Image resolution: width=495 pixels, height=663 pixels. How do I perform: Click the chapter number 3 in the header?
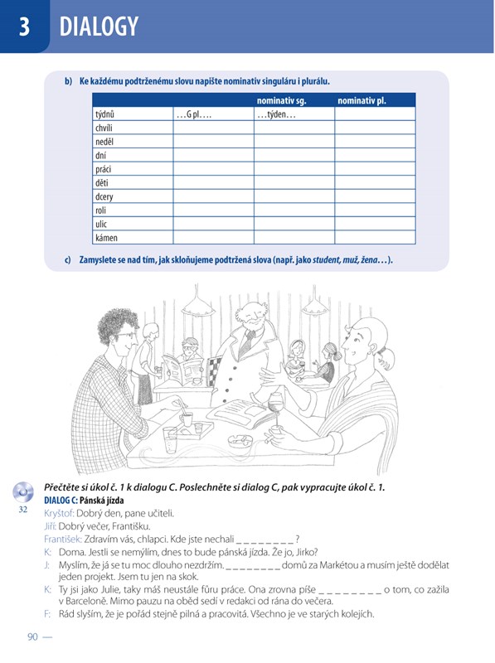coord(24,27)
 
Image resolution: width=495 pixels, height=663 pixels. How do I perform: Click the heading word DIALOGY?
coord(99,27)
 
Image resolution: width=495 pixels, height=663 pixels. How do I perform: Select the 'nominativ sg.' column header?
coord(281,100)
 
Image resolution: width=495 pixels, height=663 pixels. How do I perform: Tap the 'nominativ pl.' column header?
coord(362,100)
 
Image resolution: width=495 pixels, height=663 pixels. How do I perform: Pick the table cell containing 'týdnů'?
coord(133,114)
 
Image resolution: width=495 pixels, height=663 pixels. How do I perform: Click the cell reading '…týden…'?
coord(294,114)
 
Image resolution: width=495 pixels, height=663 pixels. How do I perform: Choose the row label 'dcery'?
coord(104,196)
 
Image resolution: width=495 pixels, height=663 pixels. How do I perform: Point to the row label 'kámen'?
coord(106,238)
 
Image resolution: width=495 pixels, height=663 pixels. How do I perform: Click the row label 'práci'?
coord(104,169)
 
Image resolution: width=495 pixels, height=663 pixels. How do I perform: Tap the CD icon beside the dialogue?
coord(23,491)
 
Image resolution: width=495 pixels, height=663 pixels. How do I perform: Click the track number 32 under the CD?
coord(23,510)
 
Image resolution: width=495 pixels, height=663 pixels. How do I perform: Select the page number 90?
coord(32,636)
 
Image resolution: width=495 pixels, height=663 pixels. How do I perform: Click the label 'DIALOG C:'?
coord(61,501)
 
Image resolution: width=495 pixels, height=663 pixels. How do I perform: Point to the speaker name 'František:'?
coord(63,540)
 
